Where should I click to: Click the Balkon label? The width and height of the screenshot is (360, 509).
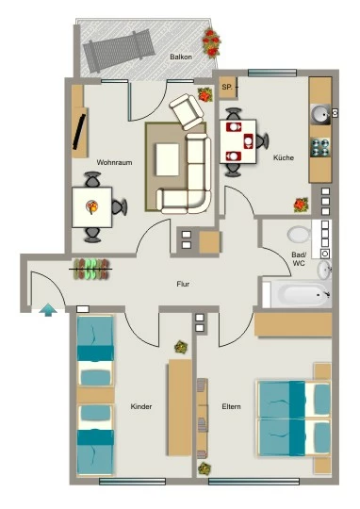(181, 57)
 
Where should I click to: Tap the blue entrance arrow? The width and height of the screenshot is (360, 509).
(48, 309)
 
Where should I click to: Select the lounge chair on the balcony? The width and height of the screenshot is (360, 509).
(119, 49)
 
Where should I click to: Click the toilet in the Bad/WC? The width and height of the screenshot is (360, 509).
(299, 234)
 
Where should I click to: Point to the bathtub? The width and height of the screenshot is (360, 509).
(297, 295)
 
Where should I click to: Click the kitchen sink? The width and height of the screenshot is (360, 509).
(320, 114)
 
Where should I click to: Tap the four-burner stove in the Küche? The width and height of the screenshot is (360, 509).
(320, 147)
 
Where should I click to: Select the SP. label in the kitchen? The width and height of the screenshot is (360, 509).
(228, 87)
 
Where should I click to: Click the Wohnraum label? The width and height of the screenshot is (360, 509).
(114, 162)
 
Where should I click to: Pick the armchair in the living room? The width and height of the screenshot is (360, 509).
(186, 111)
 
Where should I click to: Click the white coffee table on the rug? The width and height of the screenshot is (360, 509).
(168, 159)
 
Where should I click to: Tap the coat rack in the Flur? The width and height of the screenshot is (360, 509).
(90, 269)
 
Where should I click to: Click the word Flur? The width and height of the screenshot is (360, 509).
(183, 284)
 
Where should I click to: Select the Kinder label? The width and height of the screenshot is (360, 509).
(141, 406)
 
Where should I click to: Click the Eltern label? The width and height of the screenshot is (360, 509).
(232, 406)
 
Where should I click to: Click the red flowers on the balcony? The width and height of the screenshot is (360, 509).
(211, 43)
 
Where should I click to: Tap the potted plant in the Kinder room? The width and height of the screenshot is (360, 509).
(181, 347)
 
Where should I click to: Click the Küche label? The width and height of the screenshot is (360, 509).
(284, 157)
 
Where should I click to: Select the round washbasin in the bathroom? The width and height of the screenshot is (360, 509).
(324, 270)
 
